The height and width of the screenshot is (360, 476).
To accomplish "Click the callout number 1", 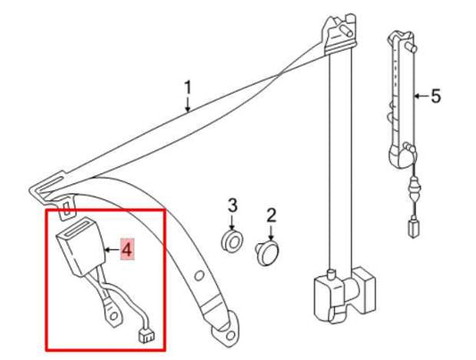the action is click(188, 88).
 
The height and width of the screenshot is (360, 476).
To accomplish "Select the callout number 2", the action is click(271, 215).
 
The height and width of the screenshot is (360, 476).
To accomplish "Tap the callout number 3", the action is click(232, 205).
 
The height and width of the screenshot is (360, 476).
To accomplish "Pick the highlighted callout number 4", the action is click(127, 250).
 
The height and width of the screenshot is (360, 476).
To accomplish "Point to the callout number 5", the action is click(436, 96).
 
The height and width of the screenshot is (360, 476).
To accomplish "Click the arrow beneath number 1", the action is click(188, 105).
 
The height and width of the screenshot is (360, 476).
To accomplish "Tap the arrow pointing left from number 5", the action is click(421, 96).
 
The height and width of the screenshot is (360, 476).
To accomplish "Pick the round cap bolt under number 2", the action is click(267, 253).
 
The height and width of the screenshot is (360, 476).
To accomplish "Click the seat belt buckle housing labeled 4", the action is click(81, 247).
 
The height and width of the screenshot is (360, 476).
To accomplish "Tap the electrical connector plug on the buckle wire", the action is click(146, 336).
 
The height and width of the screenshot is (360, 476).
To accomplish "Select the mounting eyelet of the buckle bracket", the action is click(113, 316).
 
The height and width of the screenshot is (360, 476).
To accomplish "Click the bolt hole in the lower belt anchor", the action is click(230, 336).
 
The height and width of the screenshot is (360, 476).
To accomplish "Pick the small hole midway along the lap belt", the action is click(199, 276).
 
